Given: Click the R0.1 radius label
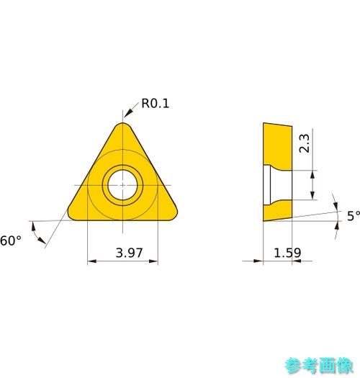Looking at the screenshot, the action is (155, 104).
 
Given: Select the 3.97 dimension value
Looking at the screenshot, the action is (130, 253).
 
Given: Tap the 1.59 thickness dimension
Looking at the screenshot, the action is (287, 253).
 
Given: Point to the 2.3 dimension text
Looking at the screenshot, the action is (304, 143).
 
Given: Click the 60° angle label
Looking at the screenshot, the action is (11, 240).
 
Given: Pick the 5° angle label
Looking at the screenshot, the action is (354, 216).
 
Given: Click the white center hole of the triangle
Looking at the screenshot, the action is (122, 185).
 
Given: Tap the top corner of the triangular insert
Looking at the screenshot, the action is (122, 123).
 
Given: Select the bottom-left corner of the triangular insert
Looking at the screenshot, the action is (70, 217).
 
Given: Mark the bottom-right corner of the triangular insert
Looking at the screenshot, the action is (176, 217).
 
